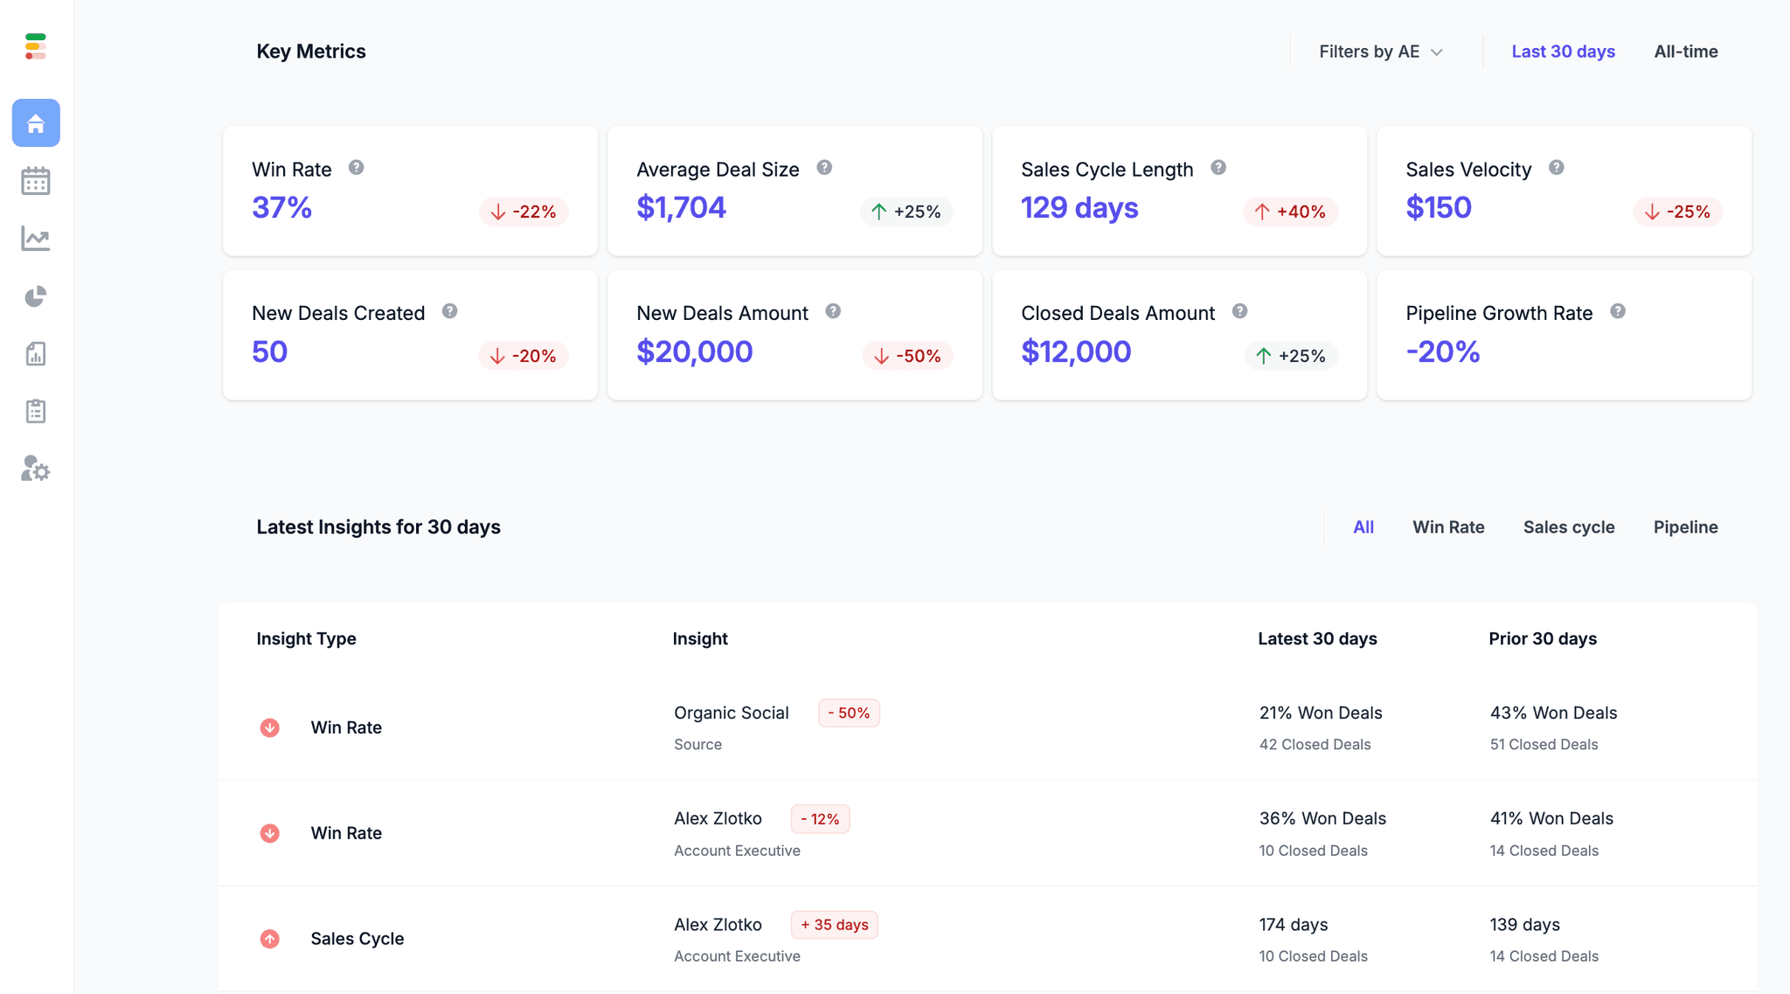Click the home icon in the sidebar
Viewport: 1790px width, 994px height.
pos(36,123)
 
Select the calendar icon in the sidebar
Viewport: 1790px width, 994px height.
pos(36,181)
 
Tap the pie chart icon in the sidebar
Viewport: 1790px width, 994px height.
pos(36,297)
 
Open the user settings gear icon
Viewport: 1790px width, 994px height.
pos(36,469)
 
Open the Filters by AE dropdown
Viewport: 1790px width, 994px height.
pos(1380,52)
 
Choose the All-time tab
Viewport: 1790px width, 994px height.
pos(1685,52)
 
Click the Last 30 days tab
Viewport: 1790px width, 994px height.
pos(1563,52)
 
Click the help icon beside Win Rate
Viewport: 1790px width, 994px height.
pos(356,168)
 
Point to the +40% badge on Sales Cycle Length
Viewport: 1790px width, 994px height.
pos(1290,212)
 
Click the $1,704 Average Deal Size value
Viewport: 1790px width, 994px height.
pos(681,208)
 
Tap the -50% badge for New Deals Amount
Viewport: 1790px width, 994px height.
pos(907,356)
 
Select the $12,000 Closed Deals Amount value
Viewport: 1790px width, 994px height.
pos(1076,352)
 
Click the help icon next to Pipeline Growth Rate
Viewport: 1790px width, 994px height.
pos(1618,311)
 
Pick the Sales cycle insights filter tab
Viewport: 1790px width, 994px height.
pos(1568,527)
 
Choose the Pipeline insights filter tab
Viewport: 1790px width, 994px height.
pos(1685,527)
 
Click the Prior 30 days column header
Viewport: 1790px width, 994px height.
pos(1542,639)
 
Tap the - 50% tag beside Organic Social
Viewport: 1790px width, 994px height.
pos(849,713)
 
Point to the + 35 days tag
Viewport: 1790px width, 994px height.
pos(834,925)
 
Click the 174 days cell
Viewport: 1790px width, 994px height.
pos(1293,925)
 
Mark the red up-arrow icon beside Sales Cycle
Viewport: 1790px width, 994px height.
pos(270,939)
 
